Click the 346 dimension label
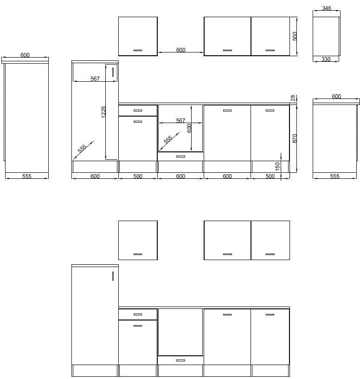point(327,8)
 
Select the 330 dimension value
point(326,59)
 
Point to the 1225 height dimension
point(103,112)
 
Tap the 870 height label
point(295,138)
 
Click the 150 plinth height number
point(277,166)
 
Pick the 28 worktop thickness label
point(293,98)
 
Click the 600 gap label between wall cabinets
point(180,50)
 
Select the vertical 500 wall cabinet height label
point(295,36)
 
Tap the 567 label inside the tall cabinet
point(95,78)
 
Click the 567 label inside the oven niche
point(180,120)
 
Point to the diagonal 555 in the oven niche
point(168,139)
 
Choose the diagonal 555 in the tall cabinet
point(82,149)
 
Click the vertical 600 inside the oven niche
point(189,128)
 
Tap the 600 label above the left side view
point(25,55)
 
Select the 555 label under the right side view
point(334,176)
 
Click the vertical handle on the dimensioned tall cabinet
point(113,72)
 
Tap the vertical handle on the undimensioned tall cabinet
point(113,276)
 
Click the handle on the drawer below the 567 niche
point(180,157)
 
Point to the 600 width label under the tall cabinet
point(95,176)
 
